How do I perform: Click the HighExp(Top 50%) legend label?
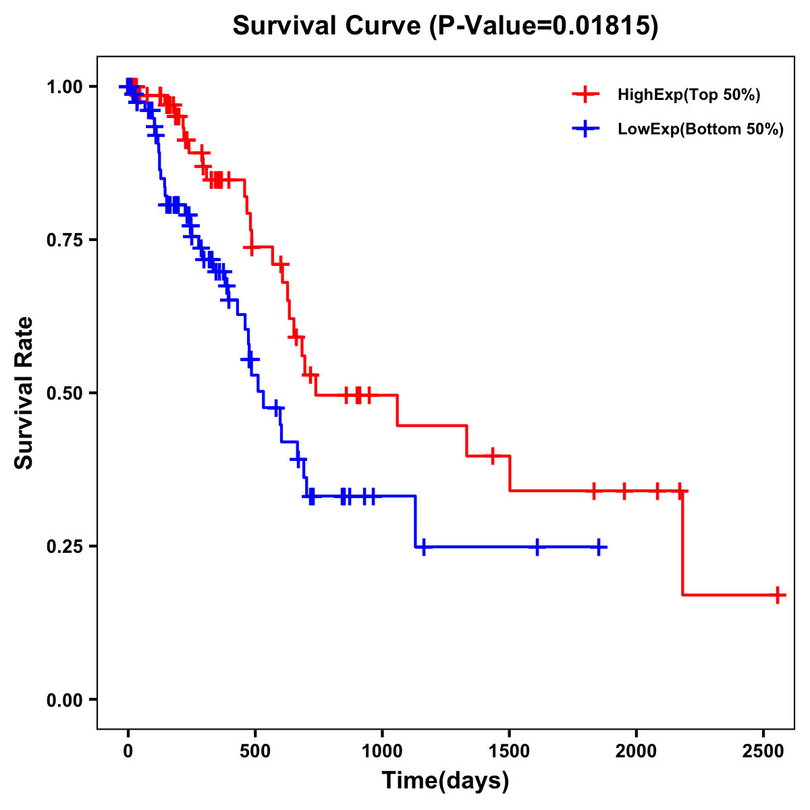[x=689, y=95]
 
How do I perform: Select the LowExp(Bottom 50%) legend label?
[x=701, y=130]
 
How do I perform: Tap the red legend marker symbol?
[x=586, y=94]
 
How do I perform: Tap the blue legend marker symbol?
[x=586, y=129]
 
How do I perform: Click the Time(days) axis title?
[x=446, y=781]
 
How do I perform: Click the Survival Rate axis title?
[x=24, y=393]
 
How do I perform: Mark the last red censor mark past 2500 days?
[x=778, y=595]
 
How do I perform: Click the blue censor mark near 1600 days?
[x=537, y=547]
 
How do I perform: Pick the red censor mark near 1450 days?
[x=493, y=456]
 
